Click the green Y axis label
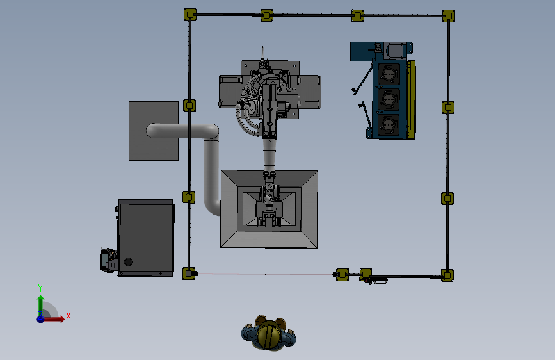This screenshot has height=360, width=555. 40,288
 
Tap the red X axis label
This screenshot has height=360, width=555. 68,316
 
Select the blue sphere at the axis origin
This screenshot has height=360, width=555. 41,319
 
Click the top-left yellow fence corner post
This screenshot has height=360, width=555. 190,15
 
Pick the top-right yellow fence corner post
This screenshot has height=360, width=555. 449,15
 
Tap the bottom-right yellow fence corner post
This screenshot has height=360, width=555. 447,275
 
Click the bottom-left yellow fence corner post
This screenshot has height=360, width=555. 189,273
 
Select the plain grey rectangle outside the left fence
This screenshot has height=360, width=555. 154,131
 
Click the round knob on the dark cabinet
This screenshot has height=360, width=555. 128,262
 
